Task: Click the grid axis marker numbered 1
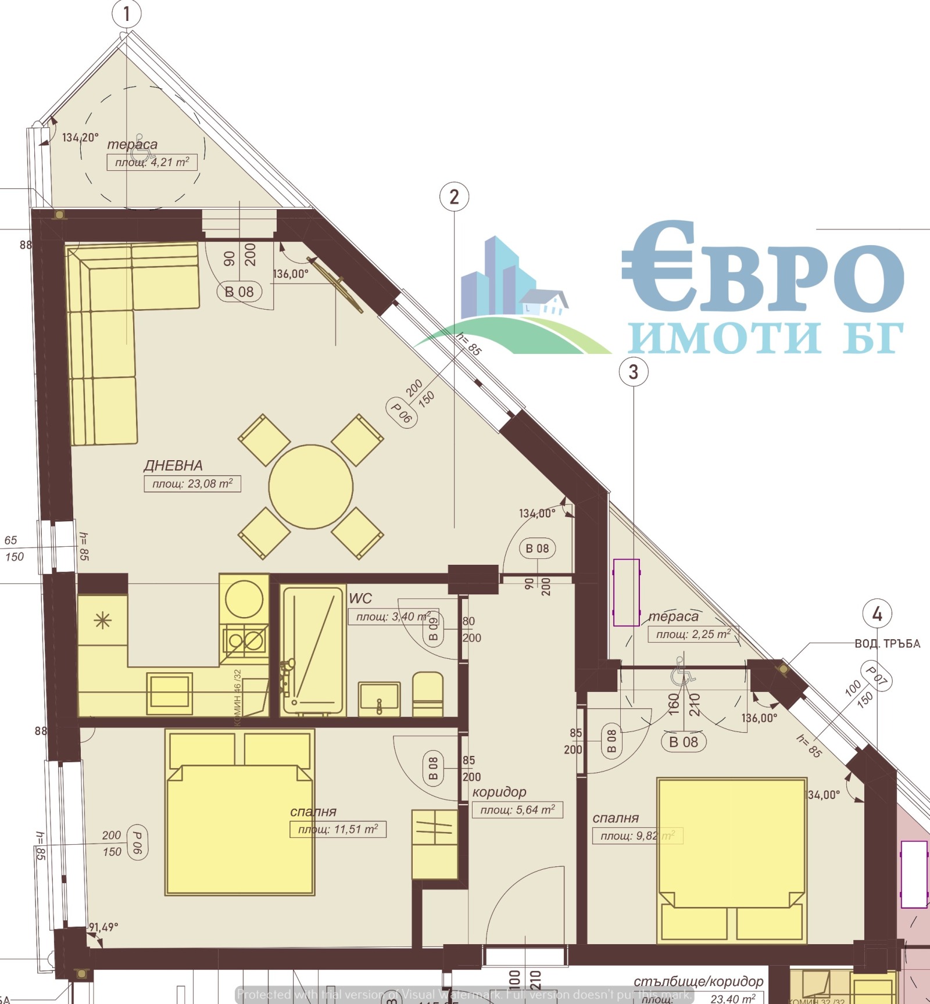pos(127,13)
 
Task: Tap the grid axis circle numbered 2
pos(454,197)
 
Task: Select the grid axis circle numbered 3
pos(633,371)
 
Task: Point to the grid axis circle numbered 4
pos(877,614)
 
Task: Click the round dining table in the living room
pos(310,487)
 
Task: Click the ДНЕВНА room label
pos(173,465)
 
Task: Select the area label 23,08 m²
pos(192,483)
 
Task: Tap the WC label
pos(360,598)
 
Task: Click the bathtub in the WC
pos(313,650)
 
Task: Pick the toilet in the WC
pos(428,694)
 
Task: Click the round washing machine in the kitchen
pos(244,598)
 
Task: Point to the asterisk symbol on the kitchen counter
pos(102,621)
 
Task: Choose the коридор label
pos(499,792)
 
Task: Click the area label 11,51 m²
pos(338,829)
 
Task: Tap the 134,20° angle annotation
pos(80,138)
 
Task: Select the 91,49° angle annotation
pos(103,927)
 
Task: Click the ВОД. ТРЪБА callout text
pos(887,644)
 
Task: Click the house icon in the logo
pos(543,302)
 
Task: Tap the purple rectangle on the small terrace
pos(627,593)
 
